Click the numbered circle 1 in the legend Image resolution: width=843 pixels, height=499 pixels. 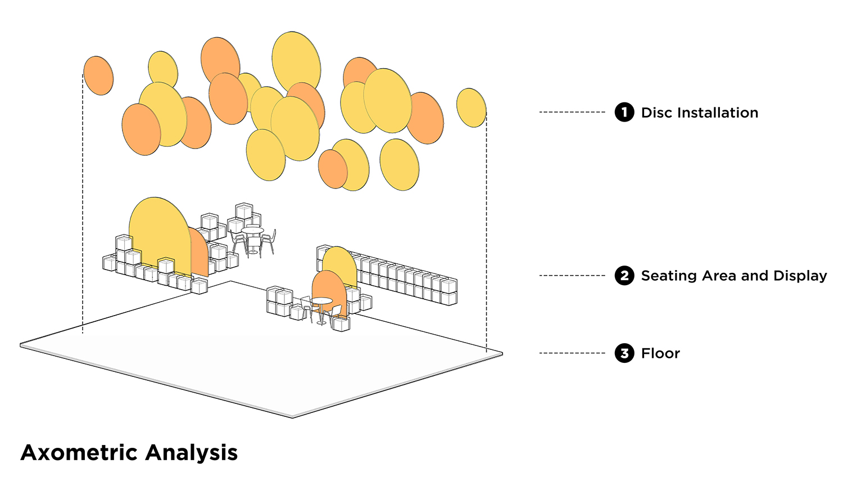[x=624, y=112]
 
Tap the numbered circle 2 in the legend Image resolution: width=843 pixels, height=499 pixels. [x=624, y=276]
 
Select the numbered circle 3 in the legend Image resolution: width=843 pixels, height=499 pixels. [x=624, y=353]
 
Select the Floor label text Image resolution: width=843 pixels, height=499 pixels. [x=660, y=353]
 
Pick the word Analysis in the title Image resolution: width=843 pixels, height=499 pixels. [x=192, y=453]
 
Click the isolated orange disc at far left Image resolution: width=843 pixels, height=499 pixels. [x=98, y=76]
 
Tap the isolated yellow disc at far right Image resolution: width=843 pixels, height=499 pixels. [x=472, y=107]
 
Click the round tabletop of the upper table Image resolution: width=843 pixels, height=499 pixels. [x=252, y=230]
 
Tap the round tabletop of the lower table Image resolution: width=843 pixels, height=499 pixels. [x=321, y=300]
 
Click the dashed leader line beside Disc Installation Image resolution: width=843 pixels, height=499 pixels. [x=572, y=112]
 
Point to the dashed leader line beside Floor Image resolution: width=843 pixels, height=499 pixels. [x=572, y=353]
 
